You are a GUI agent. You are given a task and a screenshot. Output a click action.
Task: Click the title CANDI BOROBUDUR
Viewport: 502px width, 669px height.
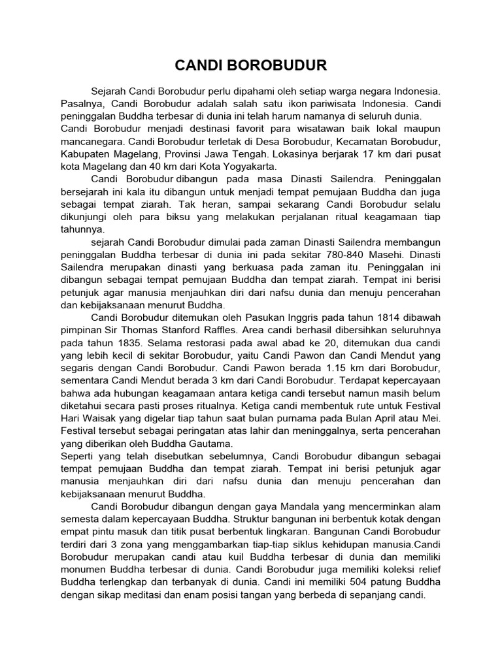[x=251, y=65]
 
